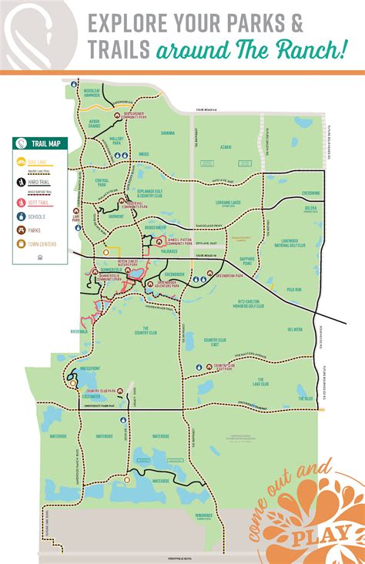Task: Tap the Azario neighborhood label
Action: tap(225, 146)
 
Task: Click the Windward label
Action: tap(203, 515)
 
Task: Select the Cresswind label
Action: tap(310, 193)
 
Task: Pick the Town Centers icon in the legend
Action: tap(21, 245)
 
